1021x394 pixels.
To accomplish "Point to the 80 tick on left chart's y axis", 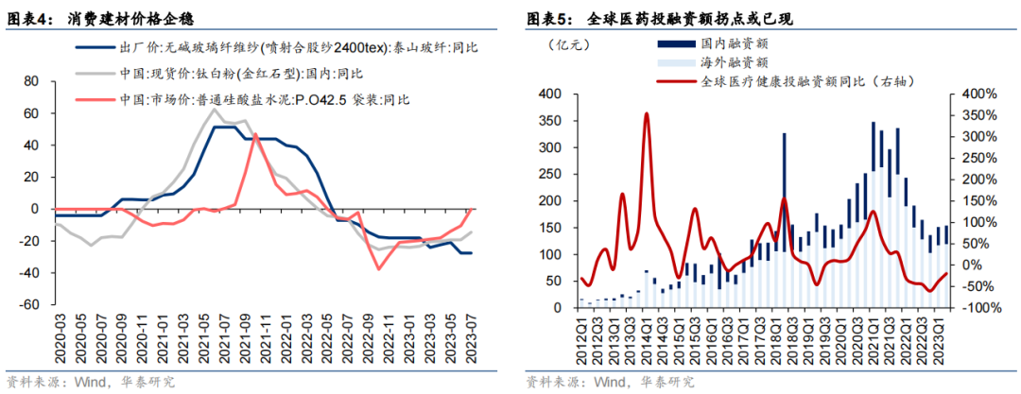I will pos(29,82).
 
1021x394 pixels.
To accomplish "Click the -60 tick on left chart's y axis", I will pos(27,306).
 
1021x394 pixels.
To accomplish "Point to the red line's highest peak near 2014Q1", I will pos(647,113).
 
